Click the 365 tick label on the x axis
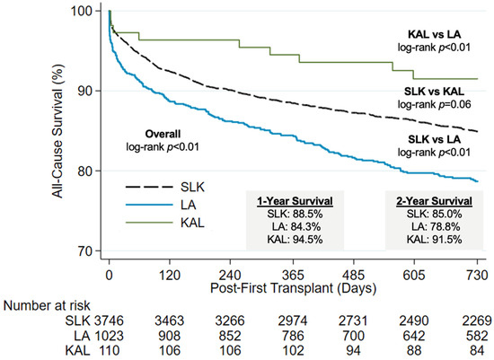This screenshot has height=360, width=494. pyautogui.click(x=293, y=276)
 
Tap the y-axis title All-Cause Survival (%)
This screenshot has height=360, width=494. pyautogui.click(x=58, y=131)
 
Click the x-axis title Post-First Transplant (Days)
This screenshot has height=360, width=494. pyautogui.click(x=293, y=288)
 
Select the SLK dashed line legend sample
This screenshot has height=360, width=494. pyautogui.click(x=149, y=187)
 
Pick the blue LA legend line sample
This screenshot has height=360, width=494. pyautogui.click(x=149, y=205)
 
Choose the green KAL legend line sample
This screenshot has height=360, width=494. pyautogui.click(x=149, y=223)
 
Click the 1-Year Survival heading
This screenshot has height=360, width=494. pyautogui.click(x=295, y=201)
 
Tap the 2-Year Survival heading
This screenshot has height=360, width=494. pyautogui.click(x=434, y=201)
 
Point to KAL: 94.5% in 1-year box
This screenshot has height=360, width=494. pyautogui.click(x=295, y=240)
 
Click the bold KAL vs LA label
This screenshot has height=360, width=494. pyautogui.click(x=434, y=34)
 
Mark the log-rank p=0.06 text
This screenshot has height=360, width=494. pyautogui.click(x=434, y=104)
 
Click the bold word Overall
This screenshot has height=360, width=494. pyautogui.click(x=163, y=134)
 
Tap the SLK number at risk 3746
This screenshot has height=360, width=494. pyautogui.click(x=109, y=320)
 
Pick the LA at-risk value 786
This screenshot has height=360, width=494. pyautogui.click(x=293, y=336)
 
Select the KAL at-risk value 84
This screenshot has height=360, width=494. pyautogui.click(x=477, y=350)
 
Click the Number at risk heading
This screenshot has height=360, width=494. pyautogui.click(x=47, y=306)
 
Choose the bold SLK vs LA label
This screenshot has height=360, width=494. pyautogui.click(x=434, y=139)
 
